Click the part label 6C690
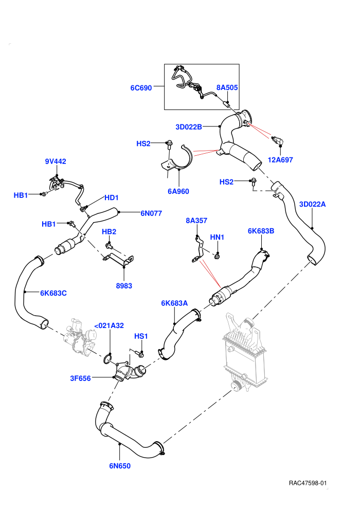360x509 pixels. click(x=141, y=88)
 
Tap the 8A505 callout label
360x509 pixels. click(x=227, y=87)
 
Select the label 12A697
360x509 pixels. click(x=280, y=160)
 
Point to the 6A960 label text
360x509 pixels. click(x=178, y=191)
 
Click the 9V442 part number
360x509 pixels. click(x=56, y=161)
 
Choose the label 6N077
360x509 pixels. click(x=151, y=213)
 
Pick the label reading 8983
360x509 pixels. click(x=124, y=286)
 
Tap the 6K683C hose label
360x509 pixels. click(x=53, y=293)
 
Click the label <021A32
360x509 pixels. click(x=109, y=325)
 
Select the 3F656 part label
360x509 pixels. click(x=81, y=378)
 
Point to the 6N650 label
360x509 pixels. click(x=120, y=466)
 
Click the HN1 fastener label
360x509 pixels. click(x=217, y=238)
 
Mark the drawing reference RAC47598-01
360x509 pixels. click(x=308, y=483)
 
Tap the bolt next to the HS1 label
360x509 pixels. click(x=139, y=353)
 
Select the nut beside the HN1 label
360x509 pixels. click(x=218, y=257)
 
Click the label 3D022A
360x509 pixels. click(x=312, y=204)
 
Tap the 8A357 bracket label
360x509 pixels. click(x=196, y=221)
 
